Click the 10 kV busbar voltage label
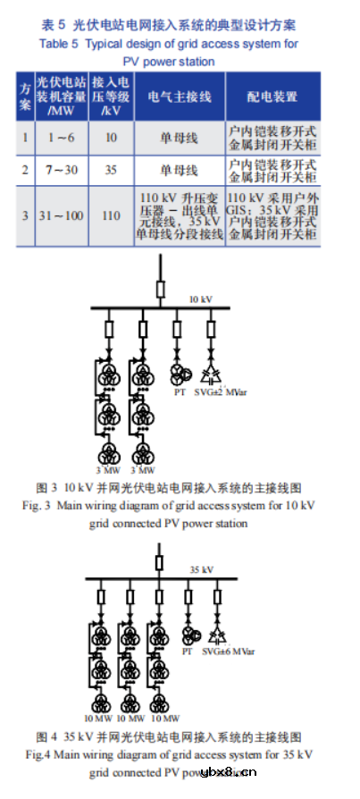point(201,299)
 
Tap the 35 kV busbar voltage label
point(201,568)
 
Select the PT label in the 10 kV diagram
point(180,391)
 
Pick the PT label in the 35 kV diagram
point(187,652)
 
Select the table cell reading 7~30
point(61,169)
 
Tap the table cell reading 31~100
point(61,215)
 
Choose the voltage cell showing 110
point(111,215)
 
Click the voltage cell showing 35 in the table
point(111,169)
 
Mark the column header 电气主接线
point(179,96)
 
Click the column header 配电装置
point(272,96)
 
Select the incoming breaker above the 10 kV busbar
point(161,288)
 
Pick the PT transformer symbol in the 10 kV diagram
point(180,374)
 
